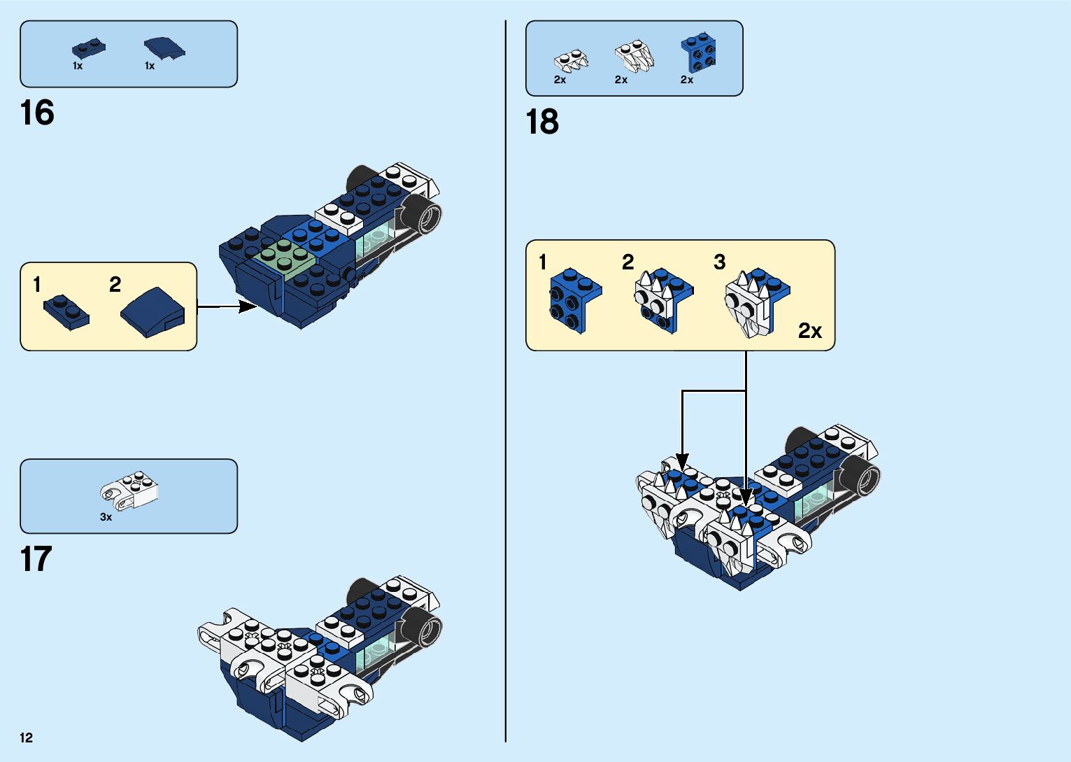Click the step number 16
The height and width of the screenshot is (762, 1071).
click(37, 113)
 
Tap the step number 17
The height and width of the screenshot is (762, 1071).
click(36, 560)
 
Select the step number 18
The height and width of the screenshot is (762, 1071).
click(542, 122)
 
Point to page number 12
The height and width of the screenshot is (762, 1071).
click(27, 738)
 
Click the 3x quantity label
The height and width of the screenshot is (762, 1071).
click(106, 517)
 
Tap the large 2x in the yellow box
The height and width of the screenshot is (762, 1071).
click(809, 330)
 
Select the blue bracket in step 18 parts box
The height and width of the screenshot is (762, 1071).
click(698, 53)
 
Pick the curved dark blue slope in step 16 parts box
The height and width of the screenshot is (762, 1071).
click(164, 48)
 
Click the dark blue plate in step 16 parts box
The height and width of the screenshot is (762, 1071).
click(88, 49)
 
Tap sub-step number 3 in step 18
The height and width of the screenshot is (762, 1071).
click(719, 262)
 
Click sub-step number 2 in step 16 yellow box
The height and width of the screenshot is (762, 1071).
click(115, 284)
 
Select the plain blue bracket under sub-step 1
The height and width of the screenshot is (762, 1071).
click(574, 299)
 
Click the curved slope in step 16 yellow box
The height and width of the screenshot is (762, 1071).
click(153, 312)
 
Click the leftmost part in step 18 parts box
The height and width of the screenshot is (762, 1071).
click(571, 59)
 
